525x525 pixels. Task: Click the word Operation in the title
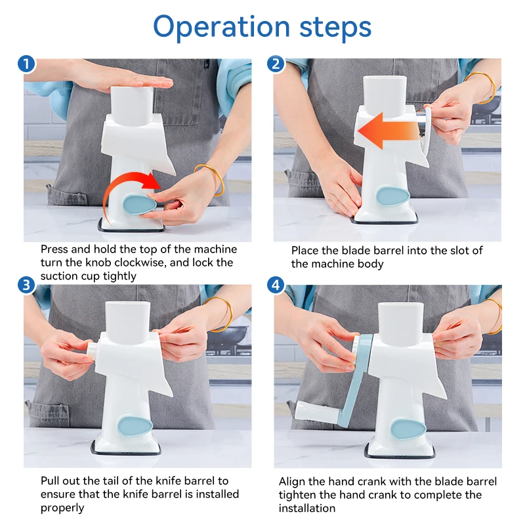pyautogui.click(x=221, y=28)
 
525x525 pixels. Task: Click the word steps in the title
pyautogui.click(x=335, y=28)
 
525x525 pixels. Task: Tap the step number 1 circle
pyautogui.click(x=26, y=64)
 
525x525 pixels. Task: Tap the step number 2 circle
pyautogui.click(x=276, y=64)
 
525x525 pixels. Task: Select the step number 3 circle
pyautogui.click(x=26, y=285)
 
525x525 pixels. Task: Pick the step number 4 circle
pyautogui.click(x=276, y=285)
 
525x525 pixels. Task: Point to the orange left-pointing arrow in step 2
pyautogui.click(x=388, y=131)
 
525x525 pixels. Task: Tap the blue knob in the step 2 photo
pyautogui.click(x=392, y=196)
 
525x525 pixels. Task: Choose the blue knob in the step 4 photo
pyautogui.click(x=408, y=429)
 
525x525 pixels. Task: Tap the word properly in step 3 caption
pyautogui.click(x=62, y=508)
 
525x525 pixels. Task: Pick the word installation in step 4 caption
pyautogui.click(x=307, y=508)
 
